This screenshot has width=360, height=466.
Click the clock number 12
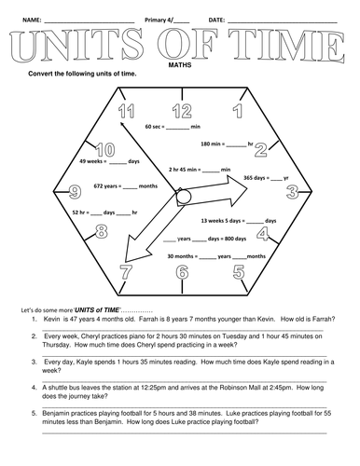pos(181,111)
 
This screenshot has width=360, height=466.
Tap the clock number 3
pos(292,192)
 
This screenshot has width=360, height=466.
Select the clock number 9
pos(75,193)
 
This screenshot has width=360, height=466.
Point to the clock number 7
pos(125,272)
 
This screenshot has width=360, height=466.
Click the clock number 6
pos(181,273)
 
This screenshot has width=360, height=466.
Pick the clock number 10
pos(104,149)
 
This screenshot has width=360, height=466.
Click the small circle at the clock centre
pos(184,197)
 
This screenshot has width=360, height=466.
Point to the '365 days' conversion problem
pos(265,176)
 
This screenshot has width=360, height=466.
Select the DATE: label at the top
pos(216,20)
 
